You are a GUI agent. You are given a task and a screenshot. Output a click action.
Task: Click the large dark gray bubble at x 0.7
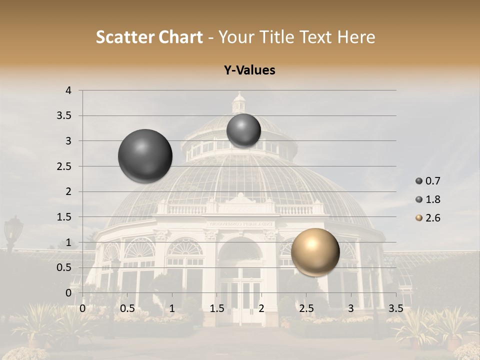click(x=145, y=156)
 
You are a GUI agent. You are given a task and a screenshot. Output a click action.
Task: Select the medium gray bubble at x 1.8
click(x=243, y=130)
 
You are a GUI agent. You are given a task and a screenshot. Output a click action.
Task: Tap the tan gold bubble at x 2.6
click(x=315, y=252)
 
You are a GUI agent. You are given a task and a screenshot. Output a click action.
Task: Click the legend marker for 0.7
click(x=419, y=181)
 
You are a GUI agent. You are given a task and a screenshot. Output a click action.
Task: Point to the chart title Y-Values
click(x=249, y=70)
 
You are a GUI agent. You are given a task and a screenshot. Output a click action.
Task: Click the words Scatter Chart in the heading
click(x=149, y=37)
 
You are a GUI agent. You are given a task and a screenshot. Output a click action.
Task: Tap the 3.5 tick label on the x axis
click(x=395, y=308)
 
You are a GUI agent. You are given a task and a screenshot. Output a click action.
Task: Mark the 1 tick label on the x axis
click(x=172, y=308)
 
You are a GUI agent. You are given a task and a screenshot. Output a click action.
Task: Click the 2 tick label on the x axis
click(x=261, y=308)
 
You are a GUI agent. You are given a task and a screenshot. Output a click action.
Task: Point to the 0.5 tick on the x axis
click(x=127, y=308)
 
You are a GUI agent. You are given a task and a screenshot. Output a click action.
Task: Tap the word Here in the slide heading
click(x=356, y=37)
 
